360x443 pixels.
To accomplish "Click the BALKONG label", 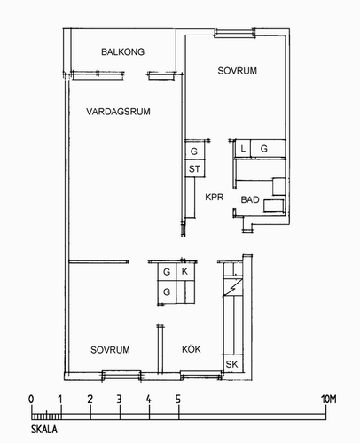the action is pos(122,52).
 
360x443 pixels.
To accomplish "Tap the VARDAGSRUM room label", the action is pos(118,112).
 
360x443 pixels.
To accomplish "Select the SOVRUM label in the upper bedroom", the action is pos(238,71).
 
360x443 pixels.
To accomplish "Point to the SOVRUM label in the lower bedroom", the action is pos(110,350).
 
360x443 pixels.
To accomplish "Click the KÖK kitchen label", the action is pos(192,349).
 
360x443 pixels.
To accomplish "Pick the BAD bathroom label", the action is pos(250,200).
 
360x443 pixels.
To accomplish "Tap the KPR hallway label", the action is pos(215,197).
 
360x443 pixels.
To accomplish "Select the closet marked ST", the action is pos(194,168).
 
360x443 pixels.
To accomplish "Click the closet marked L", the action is pos(243,149).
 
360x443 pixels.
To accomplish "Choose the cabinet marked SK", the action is pos(232,364).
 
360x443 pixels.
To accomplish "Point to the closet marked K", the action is pos(185,271).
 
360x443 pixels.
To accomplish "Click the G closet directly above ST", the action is pos(194,151).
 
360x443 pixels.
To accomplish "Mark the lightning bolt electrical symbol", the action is pos(233,287).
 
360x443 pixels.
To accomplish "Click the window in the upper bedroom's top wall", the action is pos(234,33).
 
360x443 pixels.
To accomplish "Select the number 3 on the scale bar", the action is pos(119,400).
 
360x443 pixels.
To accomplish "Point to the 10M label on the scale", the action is pos(329,400).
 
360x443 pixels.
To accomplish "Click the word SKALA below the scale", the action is pos(44,429).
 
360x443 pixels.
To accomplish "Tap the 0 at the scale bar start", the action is pos(31,400).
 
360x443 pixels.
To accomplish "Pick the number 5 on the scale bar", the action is pos(178,400).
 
